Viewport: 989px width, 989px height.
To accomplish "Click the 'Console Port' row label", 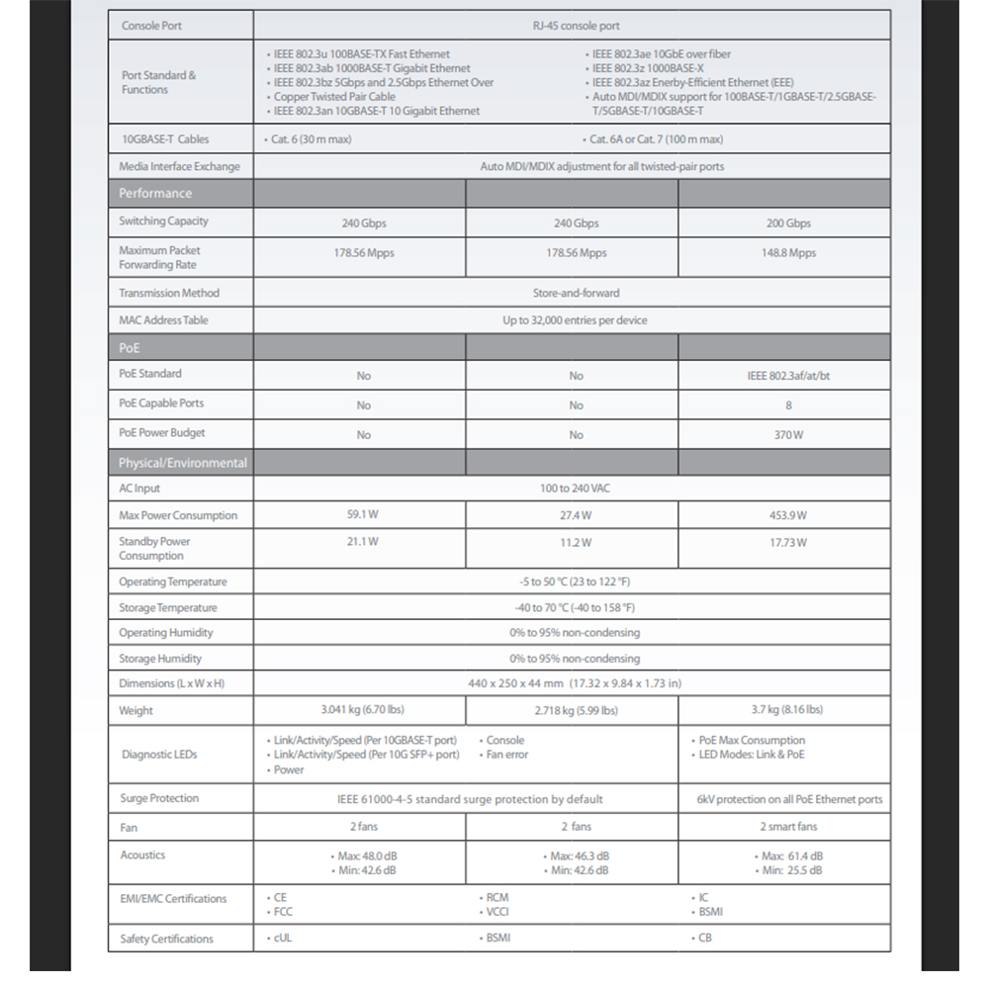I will pos(151,26).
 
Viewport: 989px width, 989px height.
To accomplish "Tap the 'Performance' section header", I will pos(155,193).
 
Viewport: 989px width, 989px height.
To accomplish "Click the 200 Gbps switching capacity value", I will pos(788,224).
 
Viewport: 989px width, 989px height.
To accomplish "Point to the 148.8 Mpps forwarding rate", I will pos(788,253).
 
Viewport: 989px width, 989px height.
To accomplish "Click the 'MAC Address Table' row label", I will pos(163,320).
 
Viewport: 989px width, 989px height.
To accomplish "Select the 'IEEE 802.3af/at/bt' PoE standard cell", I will pos(788,376).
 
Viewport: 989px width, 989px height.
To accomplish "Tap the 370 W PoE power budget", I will pos(788,435).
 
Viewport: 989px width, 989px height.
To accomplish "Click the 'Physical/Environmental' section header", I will pos(182,463).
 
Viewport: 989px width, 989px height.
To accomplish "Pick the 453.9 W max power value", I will pos(788,515).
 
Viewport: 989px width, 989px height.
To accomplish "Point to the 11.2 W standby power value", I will pos(576,542).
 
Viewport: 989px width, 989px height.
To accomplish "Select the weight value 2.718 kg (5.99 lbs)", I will pos(576,710).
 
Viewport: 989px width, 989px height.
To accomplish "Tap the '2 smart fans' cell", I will pos(788,826).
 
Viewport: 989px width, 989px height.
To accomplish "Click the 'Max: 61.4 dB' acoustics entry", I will pos(792,855).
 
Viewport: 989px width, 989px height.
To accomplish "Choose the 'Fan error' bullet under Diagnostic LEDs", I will pos(507,755).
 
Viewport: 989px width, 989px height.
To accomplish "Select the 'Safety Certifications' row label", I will pos(166,939).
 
